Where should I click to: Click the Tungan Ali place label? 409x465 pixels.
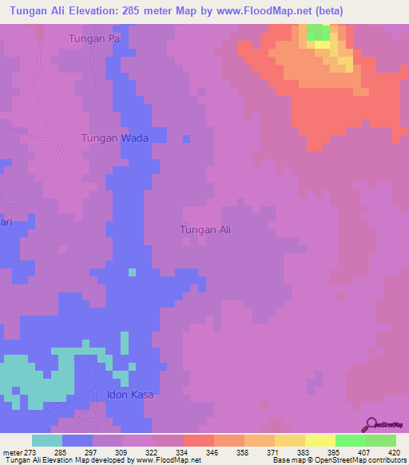coord(205,230)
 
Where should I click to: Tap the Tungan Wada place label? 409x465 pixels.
coord(115,138)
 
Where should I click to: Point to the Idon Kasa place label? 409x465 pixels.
coord(129,395)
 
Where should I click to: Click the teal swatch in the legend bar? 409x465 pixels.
coord(47,440)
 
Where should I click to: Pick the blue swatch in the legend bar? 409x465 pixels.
coord(77,440)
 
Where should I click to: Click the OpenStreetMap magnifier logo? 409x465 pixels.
coord(371,424)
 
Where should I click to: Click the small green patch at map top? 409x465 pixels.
coord(318,32)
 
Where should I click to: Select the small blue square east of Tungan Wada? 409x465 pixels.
coord(186,139)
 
